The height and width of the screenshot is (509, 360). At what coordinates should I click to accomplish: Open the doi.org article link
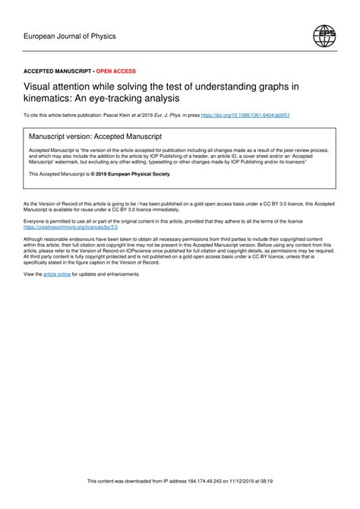pos(251,115)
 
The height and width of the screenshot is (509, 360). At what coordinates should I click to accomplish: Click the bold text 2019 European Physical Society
pos(134,174)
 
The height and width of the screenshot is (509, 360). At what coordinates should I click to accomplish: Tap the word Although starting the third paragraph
pos(36,238)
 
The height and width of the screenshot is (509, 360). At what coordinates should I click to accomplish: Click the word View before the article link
pos(32,273)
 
